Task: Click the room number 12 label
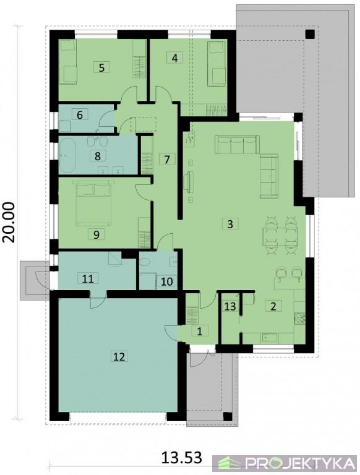119,356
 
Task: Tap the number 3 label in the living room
230,224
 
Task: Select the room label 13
230,306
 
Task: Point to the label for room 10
166,281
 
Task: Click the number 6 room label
80,115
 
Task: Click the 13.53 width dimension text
181,458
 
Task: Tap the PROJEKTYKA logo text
300,463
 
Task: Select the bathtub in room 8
71,156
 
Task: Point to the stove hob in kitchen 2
299,318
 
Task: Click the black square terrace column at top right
310,34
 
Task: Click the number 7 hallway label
167,159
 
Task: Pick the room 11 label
88,278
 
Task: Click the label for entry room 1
199,331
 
